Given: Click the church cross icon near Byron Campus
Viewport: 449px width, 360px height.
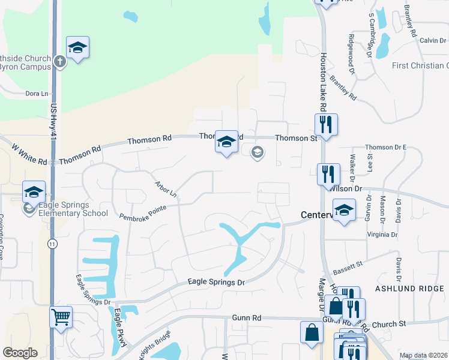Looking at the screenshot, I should click(x=60, y=61).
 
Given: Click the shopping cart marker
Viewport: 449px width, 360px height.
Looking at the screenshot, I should click(x=61, y=317).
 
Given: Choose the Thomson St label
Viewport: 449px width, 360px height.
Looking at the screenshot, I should click(x=295, y=138).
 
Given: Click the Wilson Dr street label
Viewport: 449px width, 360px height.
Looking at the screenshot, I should click(x=346, y=188).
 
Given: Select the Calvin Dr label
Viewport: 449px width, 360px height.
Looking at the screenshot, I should click(x=432, y=41).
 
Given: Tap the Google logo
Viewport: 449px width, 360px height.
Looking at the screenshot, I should click(x=20, y=353).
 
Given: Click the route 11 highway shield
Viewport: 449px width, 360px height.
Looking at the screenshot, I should click(x=52, y=244).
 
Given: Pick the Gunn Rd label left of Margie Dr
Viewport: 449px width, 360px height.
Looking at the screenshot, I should click(x=247, y=317).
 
